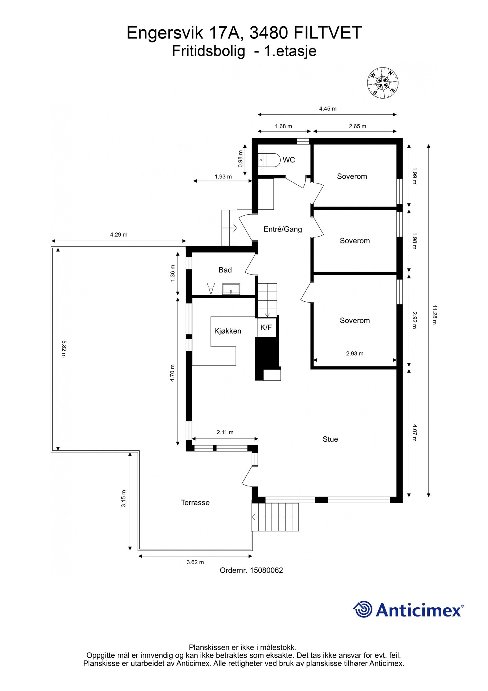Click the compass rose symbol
tap(382, 83)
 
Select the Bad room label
tap(225, 270)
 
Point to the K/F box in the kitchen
tap(266, 327)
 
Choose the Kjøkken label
tap(228, 331)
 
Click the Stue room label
tap(330, 439)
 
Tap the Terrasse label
tap(195, 503)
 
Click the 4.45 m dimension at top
tap(328, 109)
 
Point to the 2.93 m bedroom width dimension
tap(354, 354)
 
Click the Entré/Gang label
tap(282, 229)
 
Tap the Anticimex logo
tap(408, 610)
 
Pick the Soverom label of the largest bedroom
tap(354, 320)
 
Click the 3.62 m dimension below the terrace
tap(195, 562)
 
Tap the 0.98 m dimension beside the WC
tap(241, 159)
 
